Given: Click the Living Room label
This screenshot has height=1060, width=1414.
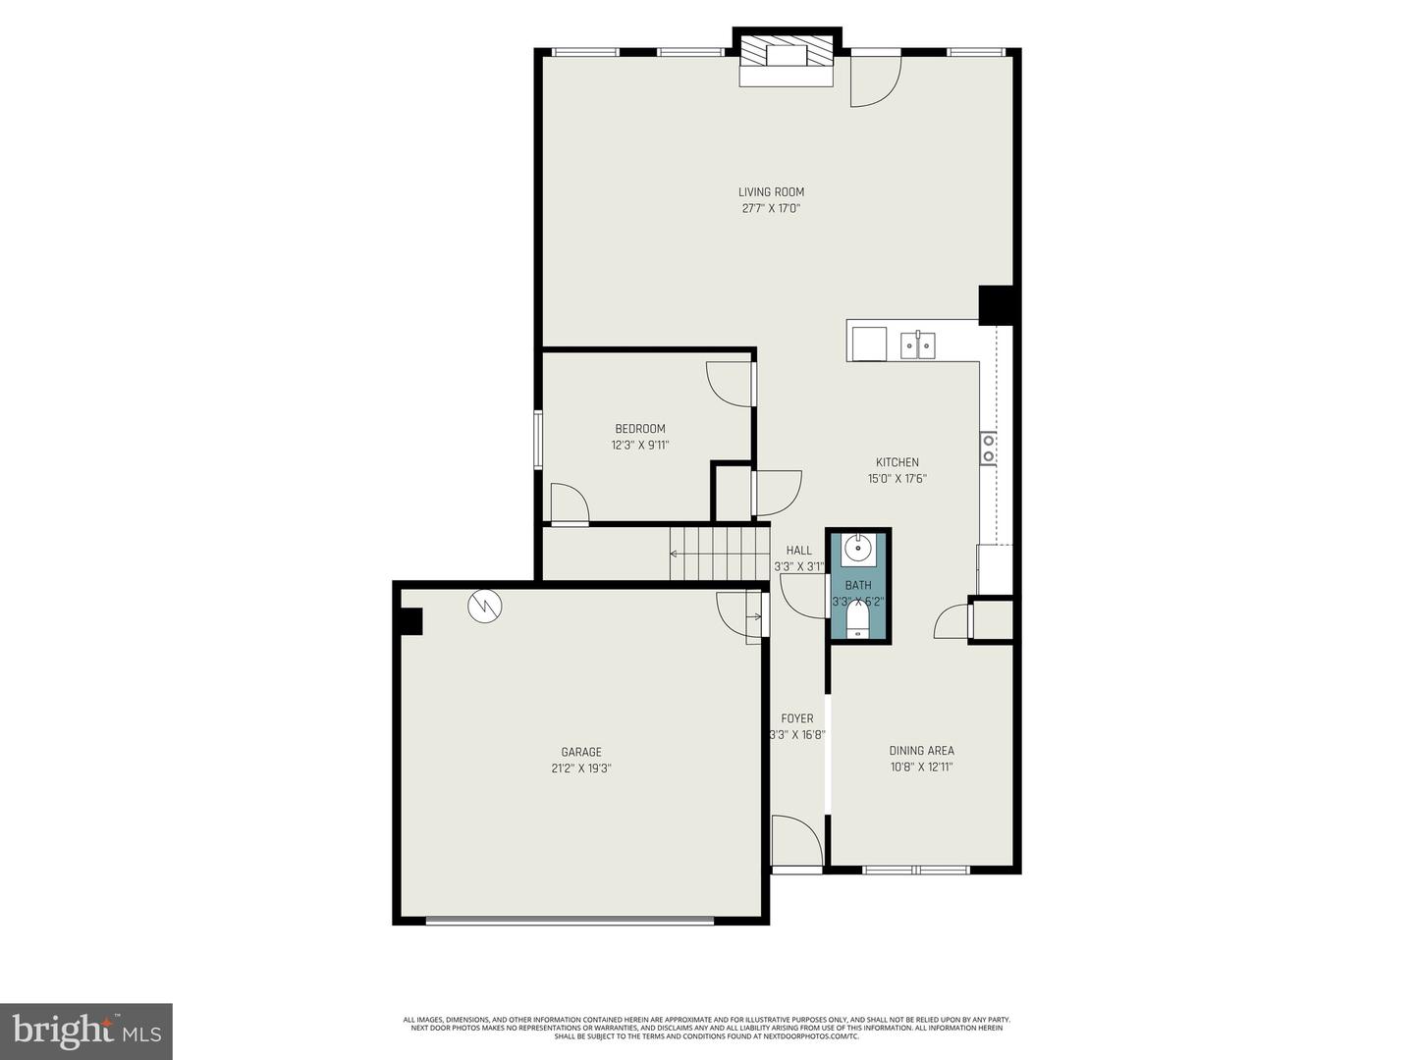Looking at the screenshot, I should [x=771, y=192].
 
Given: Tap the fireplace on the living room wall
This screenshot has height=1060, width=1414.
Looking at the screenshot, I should [x=786, y=57].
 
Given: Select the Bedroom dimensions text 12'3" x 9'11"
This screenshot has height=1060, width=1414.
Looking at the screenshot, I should [x=640, y=446].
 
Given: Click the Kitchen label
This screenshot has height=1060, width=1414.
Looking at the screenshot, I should [x=897, y=462].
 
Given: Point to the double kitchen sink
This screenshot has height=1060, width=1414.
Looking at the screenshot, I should [x=918, y=344].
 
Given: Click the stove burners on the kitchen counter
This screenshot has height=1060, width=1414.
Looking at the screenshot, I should [x=988, y=449].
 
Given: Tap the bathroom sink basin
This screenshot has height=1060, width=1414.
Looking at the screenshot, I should [x=858, y=549].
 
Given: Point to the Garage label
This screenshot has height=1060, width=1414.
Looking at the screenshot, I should [x=581, y=753].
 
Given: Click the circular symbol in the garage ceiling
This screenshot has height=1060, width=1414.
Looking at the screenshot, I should [x=484, y=606].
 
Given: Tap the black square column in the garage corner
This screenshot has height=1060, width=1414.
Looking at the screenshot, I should [x=409, y=621].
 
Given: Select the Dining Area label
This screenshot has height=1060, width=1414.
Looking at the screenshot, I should [x=921, y=751].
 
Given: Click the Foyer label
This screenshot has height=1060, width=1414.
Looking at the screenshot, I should [x=797, y=718].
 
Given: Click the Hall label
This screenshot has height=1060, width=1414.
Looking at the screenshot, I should [x=799, y=551].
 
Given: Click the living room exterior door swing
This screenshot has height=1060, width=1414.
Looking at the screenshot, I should [x=874, y=79].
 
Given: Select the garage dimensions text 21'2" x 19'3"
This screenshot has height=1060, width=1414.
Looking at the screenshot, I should [x=581, y=769].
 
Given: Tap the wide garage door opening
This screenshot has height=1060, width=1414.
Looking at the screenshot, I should [x=570, y=920].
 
